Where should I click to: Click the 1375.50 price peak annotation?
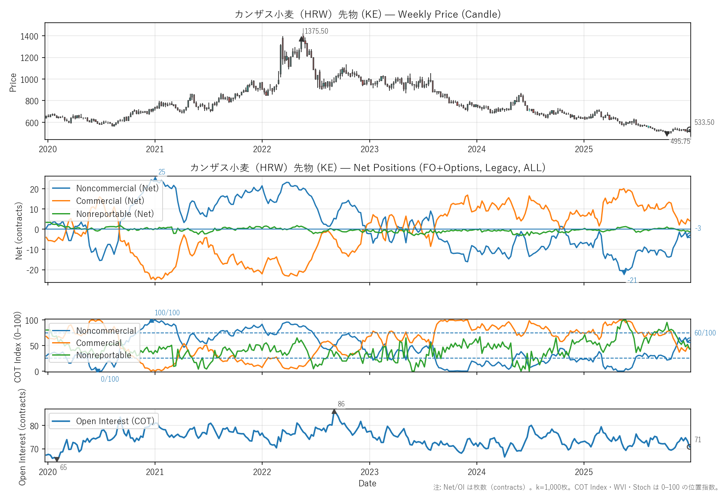(x=316, y=31)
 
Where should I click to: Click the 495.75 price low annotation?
(x=680, y=141)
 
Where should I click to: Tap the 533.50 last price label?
(x=704, y=122)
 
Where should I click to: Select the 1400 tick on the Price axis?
(x=29, y=37)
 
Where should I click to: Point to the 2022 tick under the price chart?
(x=262, y=149)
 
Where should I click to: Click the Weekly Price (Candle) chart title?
(x=368, y=14)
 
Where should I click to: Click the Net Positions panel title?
(x=368, y=168)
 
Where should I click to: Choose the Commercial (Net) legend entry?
(x=110, y=201)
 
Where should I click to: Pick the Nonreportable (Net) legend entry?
(x=115, y=214)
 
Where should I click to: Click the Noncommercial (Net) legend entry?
(x=117, y=188)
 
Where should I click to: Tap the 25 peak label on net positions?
(x=162, y=172)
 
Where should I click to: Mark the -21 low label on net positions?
(x=632, y=280)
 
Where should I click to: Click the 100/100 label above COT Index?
(x=167, y=313)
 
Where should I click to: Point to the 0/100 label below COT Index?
(x=110, y=379)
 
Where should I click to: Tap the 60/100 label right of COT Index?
(x=705, y=333)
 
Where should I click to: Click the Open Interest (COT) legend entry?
(x=115, y=421)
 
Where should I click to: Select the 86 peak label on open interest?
(x=341, y=404)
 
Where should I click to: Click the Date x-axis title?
(x=367, y=483)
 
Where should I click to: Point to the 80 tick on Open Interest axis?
(x=34, y=426)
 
